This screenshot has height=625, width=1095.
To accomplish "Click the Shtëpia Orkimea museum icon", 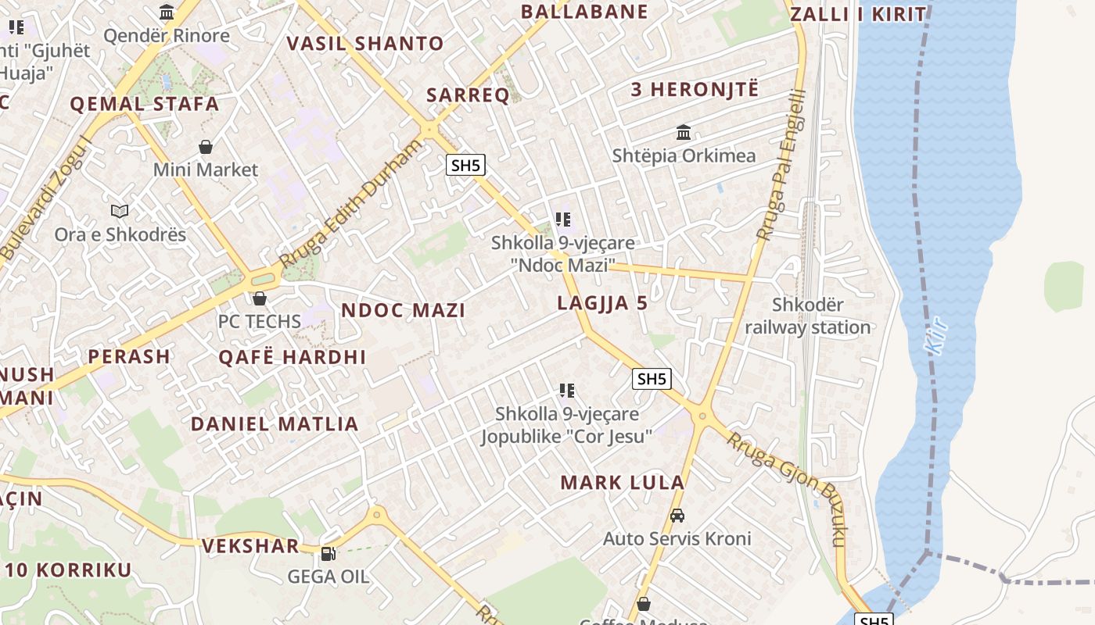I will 684,132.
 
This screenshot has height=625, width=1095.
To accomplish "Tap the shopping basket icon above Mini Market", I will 206,147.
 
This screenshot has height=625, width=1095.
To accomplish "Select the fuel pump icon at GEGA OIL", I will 328,554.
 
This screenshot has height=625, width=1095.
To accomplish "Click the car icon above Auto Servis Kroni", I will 677,516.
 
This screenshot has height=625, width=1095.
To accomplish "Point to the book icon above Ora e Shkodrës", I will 120,211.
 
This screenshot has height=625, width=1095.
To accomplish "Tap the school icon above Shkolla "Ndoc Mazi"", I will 563,220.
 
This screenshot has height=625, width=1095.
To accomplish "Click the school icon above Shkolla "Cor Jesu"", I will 567,391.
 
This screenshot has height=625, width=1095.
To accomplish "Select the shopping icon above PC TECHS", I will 260,298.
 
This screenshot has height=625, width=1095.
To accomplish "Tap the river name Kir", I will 937,336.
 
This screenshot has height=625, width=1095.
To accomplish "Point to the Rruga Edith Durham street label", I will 351,203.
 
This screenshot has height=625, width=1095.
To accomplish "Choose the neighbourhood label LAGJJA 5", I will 602,303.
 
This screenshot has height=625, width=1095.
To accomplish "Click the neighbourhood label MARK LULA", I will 623,483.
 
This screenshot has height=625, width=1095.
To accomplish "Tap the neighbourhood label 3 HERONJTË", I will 695,89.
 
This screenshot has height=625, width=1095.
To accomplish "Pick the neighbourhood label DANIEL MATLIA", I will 275,424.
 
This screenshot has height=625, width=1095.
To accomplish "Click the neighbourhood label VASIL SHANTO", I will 365,43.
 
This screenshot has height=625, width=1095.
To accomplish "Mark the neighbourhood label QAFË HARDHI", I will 292,357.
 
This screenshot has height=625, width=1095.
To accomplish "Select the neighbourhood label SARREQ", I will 468,95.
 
